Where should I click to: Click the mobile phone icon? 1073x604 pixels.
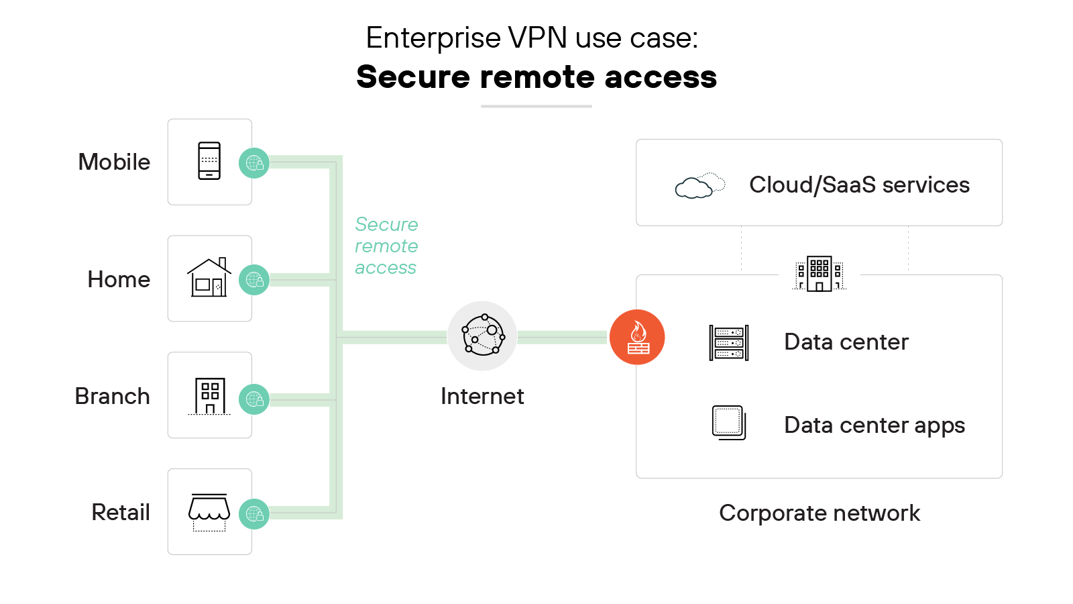209,161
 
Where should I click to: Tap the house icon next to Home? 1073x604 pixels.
209,278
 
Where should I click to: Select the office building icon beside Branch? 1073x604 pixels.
209,396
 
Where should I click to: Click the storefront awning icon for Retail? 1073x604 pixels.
209,511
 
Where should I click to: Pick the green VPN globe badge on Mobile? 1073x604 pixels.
254,163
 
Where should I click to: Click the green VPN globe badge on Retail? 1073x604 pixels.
254,514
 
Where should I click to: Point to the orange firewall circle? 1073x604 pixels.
637,337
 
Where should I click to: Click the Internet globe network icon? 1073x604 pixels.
482,336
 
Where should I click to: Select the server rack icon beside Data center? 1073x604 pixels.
729,342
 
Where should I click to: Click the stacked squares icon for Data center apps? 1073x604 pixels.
729,423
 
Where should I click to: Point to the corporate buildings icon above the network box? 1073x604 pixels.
819,274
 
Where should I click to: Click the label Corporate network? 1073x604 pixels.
819,513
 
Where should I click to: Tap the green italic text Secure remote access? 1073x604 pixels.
386,246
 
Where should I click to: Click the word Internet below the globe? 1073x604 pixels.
482,397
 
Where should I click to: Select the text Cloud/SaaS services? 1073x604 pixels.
859,185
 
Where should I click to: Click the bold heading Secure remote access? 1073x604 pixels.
536,77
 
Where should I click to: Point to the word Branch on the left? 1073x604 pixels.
112,397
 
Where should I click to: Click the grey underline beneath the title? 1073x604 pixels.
536,106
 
